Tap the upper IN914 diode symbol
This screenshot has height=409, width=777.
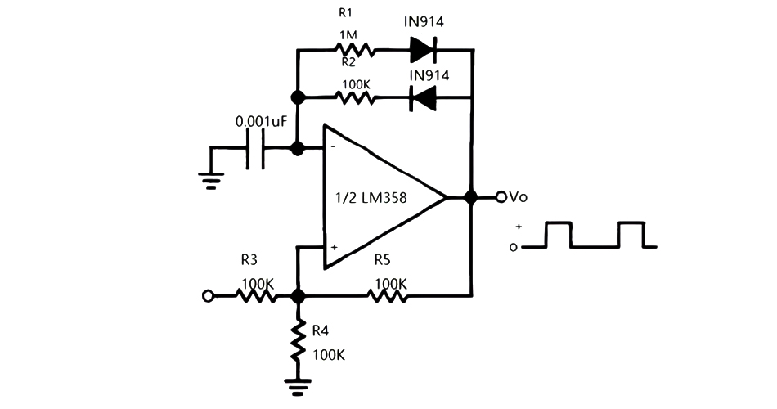tap(423, 51)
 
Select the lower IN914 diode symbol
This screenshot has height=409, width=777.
tap(423, 99)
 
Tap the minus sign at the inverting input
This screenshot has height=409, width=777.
tap(333, 146)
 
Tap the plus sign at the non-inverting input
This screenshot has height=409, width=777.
tap(333, 246)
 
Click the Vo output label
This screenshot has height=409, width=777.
tap(518, 197)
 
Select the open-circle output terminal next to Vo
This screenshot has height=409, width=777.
tap(501, 197)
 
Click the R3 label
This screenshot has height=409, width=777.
tap(249, 261)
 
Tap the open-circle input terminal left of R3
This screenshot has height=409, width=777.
tap(208, 295)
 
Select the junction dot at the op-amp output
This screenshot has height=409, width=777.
tap(471, 197)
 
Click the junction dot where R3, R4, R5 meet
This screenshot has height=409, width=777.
tap(299, 295)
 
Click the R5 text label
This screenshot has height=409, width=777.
tap(383, 260)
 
